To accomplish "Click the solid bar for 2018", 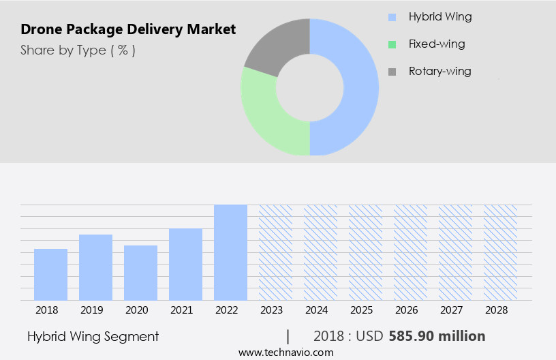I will coord(50,274).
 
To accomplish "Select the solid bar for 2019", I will coord(95,267).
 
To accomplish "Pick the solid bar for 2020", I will coord(140,273).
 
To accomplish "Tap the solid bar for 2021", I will coord(185,264).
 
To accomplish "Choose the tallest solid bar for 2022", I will coord(230,252).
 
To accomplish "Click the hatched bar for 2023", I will coord(275,252).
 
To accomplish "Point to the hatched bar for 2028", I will coord(500,252).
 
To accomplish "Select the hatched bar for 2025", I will coord(365,252).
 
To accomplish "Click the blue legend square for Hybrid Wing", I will coord(391,17).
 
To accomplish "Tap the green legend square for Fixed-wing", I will coord(391,44).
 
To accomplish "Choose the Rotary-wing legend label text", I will coord(439,71).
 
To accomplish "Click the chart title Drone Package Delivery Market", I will coord(128,29).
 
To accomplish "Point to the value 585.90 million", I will coord(437,336).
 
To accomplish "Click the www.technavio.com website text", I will coord(285,352).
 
